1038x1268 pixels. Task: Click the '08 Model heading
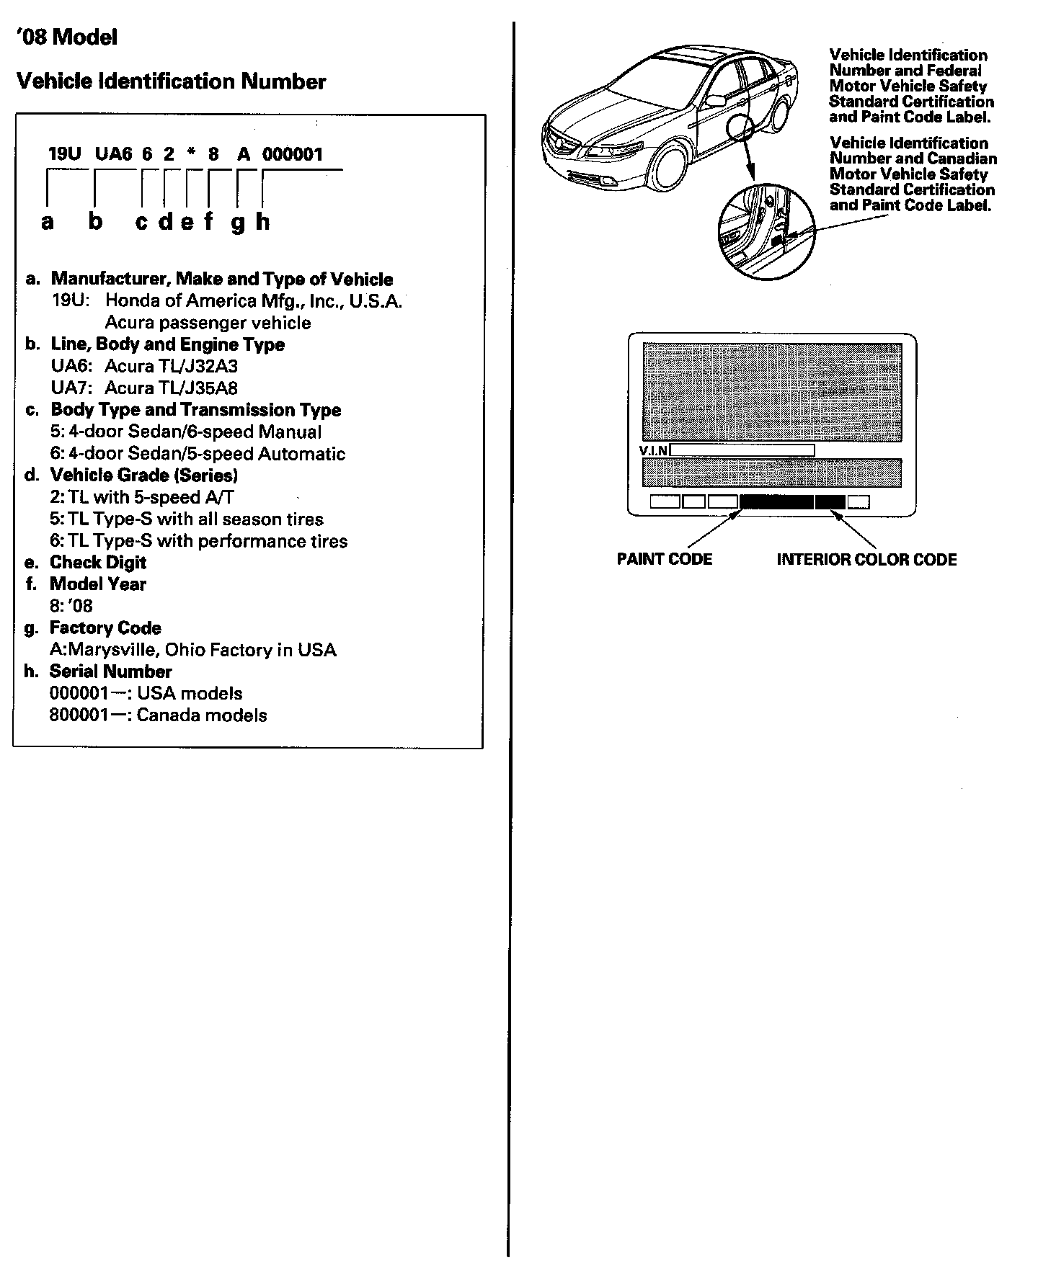coord(66,37)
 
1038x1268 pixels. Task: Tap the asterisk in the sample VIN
coord(191,153)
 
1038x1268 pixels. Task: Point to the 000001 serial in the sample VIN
coord(293,153)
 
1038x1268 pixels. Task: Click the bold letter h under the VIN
coord(262,222)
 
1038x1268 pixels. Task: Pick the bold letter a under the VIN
coord(48,222)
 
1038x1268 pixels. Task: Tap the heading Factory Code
coord(105,628)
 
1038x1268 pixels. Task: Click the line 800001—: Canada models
coord(158,715)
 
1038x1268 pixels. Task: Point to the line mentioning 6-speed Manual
coord(185,432)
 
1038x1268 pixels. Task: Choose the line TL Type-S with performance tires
coord(198,541)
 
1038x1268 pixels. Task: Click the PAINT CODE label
coord(664,560)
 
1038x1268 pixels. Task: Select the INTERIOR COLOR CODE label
coord(866,560)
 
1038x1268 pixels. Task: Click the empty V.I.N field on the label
coord(742,451)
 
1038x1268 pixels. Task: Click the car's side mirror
coord(715,100)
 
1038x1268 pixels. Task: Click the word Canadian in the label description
coord(962,158)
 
